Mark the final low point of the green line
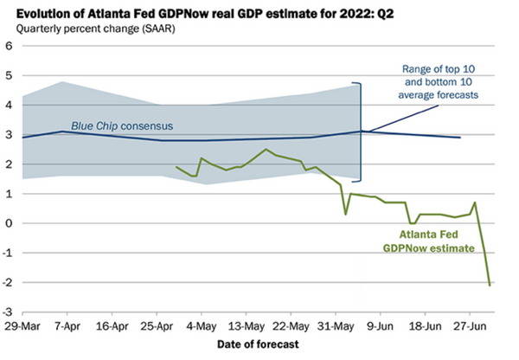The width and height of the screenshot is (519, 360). coord(490,285)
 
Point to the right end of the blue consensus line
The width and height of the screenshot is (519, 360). coord(460,138)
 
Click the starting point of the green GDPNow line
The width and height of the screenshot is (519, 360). coord(176,167)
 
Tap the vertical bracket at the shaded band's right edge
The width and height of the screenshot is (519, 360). coord(361,132)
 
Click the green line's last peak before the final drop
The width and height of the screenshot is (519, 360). coord(475,202)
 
